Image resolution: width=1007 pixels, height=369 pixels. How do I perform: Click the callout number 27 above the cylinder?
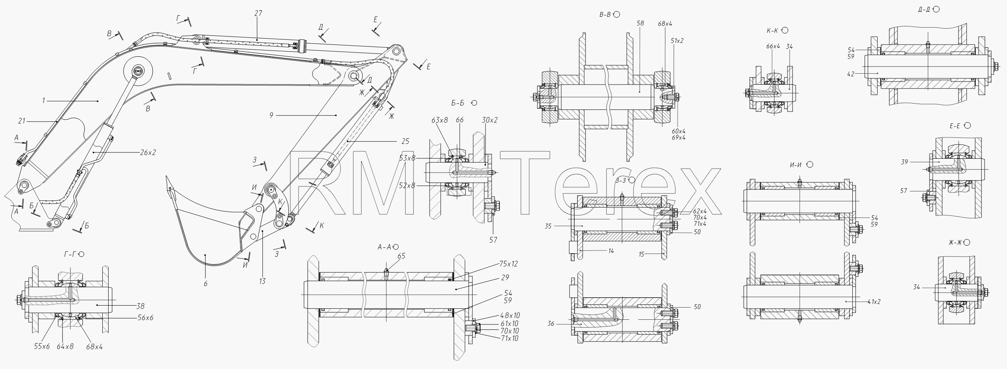pyautogui.click(x=258, y=13)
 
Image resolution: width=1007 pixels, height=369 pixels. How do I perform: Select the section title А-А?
pyautogui.click(x=384, y=247)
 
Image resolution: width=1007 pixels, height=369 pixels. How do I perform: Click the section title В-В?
pyautogui.click(x=605, y=15)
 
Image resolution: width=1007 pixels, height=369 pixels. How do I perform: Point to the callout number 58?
pyautogui.click(x=640, y=23)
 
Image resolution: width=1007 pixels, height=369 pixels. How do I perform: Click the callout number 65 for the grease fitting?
pyautogui.click(x=401, y=256)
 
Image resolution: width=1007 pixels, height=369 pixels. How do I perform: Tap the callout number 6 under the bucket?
pyautogui.click(x=205, y=284)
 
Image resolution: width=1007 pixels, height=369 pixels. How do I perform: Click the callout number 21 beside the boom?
pyautogui.click(x=22, y=121)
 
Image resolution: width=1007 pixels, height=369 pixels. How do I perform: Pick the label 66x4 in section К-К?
pyautogui.click(x=773, y=46)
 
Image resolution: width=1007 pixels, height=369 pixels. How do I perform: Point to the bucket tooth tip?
pyautogui.click(x=166, y=177)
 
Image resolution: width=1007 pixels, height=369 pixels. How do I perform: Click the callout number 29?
pyautogui.click(x=505, y=278)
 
